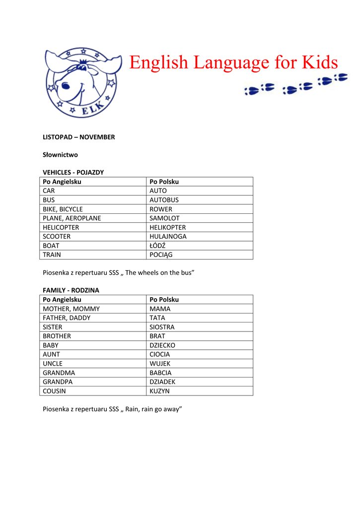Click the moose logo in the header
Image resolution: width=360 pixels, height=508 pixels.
coord(81,82)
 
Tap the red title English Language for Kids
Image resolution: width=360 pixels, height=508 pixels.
coord(233,63)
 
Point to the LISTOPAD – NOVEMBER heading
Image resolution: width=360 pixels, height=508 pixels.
coord(78,137)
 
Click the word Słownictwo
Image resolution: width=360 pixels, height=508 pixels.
coord(60,155)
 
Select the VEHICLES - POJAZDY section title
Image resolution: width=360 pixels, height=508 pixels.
coord(73,173)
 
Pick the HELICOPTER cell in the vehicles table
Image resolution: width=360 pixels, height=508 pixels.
coord(61,227)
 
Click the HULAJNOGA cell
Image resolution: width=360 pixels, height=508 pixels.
coord(168,237)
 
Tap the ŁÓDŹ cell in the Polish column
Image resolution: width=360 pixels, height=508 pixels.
coord(157,246)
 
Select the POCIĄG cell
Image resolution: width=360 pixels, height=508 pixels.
coord(160,255)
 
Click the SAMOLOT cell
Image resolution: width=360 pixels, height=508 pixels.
coord(164,218)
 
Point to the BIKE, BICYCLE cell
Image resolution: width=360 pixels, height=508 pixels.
coord(63,209)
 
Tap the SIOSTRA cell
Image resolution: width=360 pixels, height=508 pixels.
coord(162,327)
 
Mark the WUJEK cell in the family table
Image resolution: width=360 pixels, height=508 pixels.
coord(160,364)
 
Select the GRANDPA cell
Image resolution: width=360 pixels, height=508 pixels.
coord(57,382)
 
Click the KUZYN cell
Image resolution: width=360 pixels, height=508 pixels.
coord(159,391)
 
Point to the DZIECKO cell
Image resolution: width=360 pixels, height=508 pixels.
coord(162,345)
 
